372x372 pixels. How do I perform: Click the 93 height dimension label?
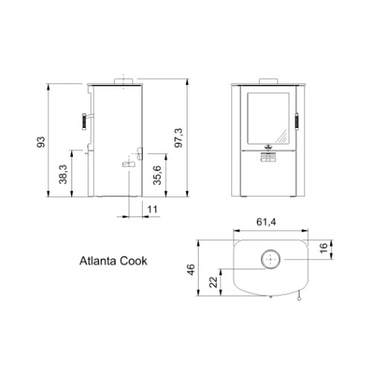pyautogui.click(x=41, y=142)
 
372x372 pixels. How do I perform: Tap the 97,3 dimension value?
pyautogui.click(x=179, y=138)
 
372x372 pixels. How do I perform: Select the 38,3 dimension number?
pyautogui.click(x=63, y=174)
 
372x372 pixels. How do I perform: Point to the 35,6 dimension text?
pyautogui.click(x=157, y=176)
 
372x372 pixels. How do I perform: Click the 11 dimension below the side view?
pyautogui.click(x=153, y=210)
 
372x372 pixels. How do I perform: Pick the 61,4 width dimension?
pyautogui.click(x=266, y=222)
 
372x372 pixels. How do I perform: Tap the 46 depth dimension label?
pyautogui.click(x=191, y=269)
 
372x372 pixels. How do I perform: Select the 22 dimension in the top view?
pyautogui.click(x=214, y=282)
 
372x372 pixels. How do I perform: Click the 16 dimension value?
pyautogui.click(x=324, y=248)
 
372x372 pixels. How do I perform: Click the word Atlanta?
pyautogui.click(x=98, y=261)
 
